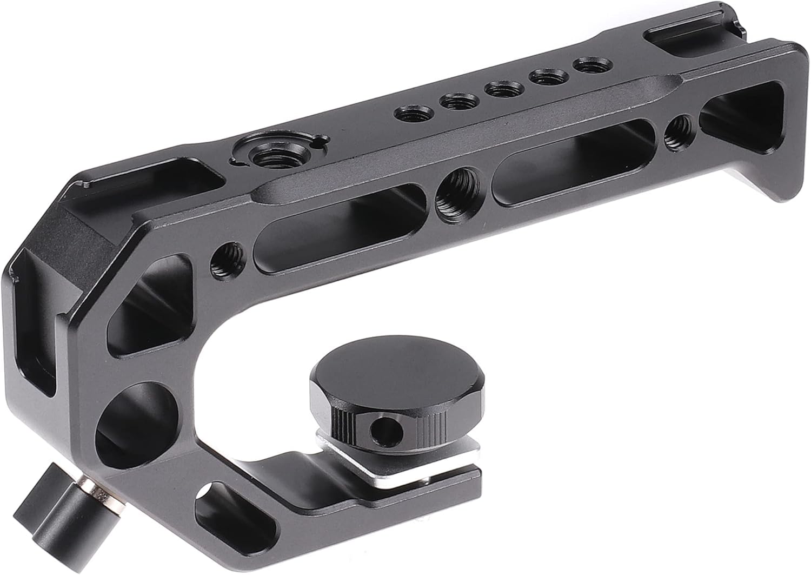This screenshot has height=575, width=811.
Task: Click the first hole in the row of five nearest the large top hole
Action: (x=409, y=113)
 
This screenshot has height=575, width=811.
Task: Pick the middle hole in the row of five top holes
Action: (x=500, y=88)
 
